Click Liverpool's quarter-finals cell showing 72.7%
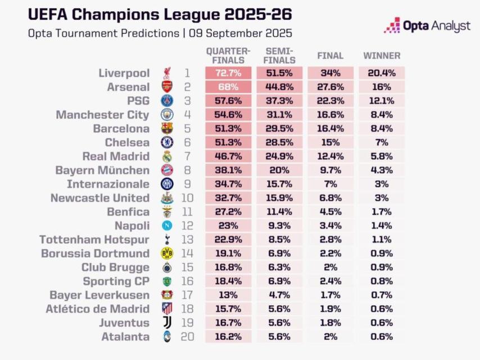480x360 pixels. [x=228, y=73]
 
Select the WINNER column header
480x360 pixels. [x=382, y=56]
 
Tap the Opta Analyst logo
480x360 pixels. [x=427, y=25]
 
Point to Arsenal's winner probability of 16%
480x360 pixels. [x=382, y=87]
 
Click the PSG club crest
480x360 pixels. [x=167, y=101]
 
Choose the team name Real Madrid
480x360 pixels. [x=116, y=156]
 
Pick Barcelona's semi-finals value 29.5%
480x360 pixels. [x=279, y=129]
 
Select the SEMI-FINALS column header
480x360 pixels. [x=279, y=55]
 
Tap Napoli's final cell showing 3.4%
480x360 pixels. [x=330, y=226]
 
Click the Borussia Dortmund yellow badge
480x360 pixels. [x=167, y=253]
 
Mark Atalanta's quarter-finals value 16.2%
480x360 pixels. [x=228, y=336]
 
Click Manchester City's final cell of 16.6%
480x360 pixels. [x=330, y=115]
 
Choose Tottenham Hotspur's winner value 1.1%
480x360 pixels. [x=382, y=240]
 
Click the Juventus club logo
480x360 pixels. [x=167, y=322]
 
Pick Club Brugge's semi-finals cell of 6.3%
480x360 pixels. [x=279, y=267]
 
